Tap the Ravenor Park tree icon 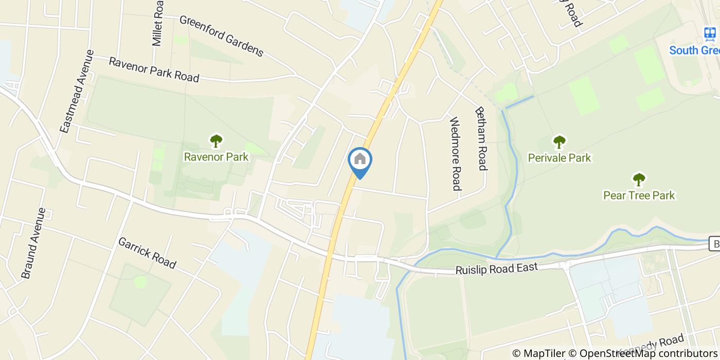pos(216,141)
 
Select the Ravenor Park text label pos(216,157)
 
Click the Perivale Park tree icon pos(559,141)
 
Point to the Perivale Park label pos(560,158)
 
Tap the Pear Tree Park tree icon pos(639,179)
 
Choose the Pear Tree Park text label pos(639,195)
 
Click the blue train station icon pos(710,34)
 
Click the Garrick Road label pos(147,253)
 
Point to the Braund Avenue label pos(34,243)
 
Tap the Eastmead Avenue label pos(77,91)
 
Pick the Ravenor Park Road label pos(154,70)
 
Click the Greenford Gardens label pos(221,35)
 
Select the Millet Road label pos(158,23)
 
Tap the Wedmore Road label pos(456,153)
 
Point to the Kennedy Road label pos(656,345)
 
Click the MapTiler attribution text pos(538,353)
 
